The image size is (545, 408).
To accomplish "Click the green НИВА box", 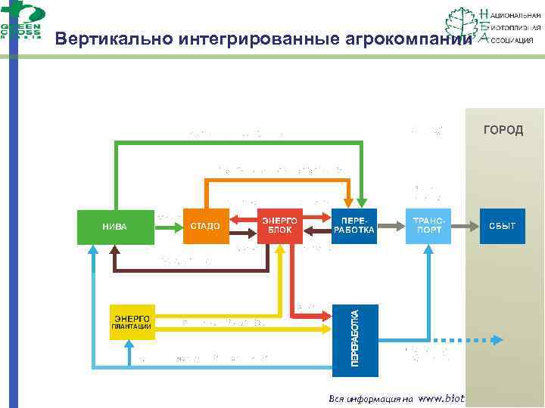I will pos(115,226).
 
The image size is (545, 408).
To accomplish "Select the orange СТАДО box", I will pos(205,226).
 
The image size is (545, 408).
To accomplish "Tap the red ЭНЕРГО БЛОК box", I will pos(280,225).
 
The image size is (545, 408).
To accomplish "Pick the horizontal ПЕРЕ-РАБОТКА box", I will pos(354,225).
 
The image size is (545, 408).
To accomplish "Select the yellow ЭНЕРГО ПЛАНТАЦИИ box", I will pos(132,321).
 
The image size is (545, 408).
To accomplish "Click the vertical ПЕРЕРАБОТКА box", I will pos(354,333).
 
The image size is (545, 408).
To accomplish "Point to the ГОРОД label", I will pos(503,131).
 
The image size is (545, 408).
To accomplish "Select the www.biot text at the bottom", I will pos(441,398).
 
